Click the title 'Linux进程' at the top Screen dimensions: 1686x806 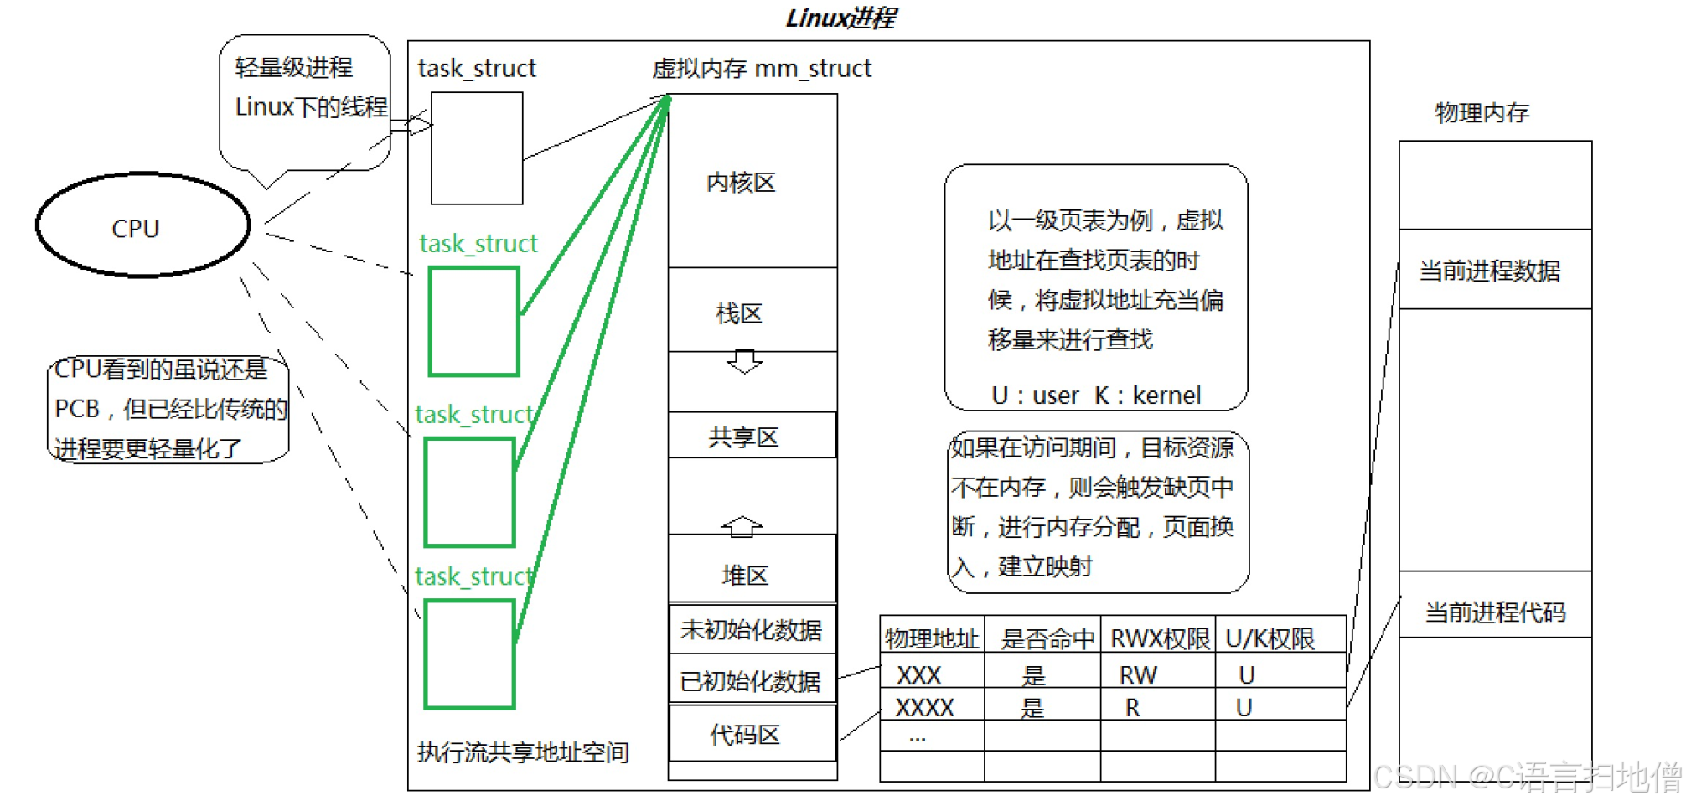(840, 18)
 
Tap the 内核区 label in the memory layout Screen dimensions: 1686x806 (741, 182)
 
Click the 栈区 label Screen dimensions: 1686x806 (739, 313)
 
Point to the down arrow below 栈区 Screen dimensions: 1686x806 (744, 361)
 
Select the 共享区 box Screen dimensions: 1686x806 (752, 435)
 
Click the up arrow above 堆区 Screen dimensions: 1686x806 (742, 526)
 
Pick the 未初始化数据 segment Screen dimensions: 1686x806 (752, 629)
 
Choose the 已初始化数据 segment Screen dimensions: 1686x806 (752, 679)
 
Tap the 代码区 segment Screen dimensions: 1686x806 (752, 734)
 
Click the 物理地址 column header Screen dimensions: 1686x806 (932, 638)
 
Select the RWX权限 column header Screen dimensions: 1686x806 (1160, 638)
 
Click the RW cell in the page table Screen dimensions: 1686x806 (1138, 674)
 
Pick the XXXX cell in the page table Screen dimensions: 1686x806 (924, 708)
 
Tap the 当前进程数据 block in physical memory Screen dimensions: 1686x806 (1496, 270)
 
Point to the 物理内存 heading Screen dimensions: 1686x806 (1482, 112)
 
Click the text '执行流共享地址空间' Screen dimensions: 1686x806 (523, 752)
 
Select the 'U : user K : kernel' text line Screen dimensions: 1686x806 (1096, 395)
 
